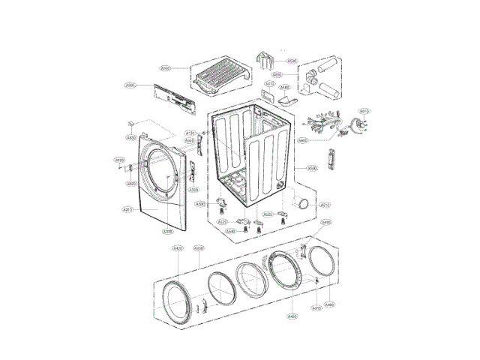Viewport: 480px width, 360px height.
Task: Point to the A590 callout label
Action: pyautogui.click(x=292, y=61)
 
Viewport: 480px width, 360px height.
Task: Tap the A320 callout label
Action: pyautogui.click(x=132, y=183)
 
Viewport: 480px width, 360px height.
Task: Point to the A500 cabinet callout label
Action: pyautogui.click(x=311, y=169)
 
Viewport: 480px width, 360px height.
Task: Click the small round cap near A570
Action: pyautogui.click(x=304, y=203)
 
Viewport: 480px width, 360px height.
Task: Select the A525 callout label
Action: pyautogui.click(x=223, y=222)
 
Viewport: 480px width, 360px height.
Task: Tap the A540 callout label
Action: pyautogui.click(x=231, y=231)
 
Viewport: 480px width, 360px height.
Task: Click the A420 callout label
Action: pyautogui.click(x=178, y=248)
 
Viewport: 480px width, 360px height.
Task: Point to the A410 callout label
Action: pyautogui.click(x=316, y=308)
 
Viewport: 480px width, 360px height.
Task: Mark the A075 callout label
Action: pyautogui.click(x=270, y=85)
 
